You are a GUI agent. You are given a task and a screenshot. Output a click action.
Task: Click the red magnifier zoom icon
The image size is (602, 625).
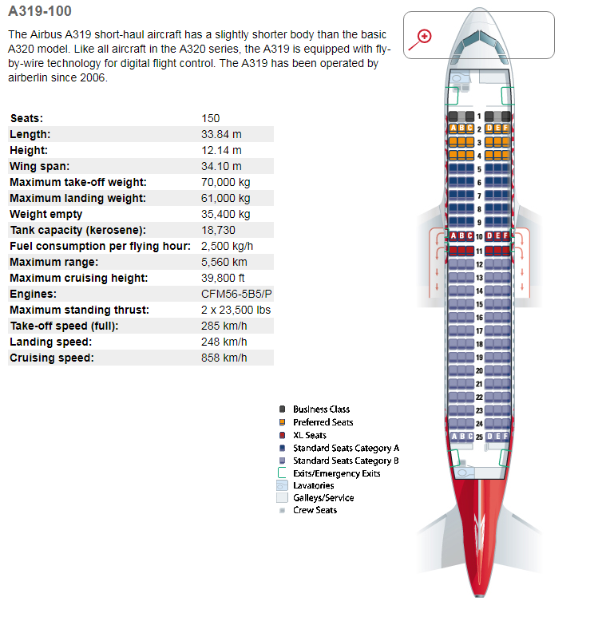424,36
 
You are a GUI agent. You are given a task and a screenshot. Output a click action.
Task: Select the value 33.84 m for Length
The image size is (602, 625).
222,134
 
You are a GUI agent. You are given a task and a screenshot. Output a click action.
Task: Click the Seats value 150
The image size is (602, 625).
211,118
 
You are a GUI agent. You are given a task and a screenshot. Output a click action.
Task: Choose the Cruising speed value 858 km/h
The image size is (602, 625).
224,358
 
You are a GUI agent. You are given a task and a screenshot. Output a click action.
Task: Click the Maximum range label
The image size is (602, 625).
54,262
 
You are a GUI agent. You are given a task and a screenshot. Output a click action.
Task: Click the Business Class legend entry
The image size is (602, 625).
321,409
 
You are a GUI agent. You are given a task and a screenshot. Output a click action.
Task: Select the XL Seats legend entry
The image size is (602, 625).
309,435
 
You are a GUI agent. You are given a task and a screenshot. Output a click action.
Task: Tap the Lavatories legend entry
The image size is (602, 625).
313,485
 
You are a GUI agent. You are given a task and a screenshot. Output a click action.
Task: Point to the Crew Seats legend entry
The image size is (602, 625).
315,510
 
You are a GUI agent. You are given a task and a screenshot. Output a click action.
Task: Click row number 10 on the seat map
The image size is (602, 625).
479,236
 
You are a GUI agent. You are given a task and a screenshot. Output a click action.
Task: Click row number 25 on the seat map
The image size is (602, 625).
479,437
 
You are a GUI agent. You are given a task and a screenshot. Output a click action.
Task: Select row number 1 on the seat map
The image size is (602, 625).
479,117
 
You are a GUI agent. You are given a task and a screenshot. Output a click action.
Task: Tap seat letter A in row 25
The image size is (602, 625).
454,437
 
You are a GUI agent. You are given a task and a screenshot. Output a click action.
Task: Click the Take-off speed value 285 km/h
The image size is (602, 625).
224,326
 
